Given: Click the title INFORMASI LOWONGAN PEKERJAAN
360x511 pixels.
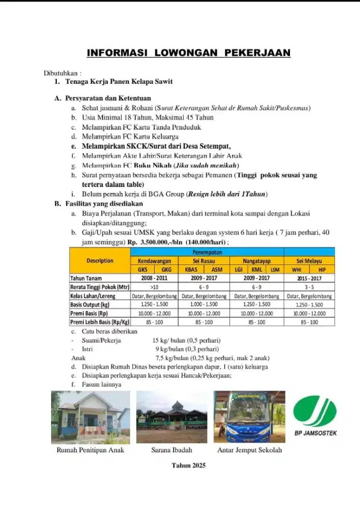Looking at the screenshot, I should click(x=188, y=53).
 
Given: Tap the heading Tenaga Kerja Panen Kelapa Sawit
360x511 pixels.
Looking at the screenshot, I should click(x=118, y=82).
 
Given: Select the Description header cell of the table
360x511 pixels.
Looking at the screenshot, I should click(x=100, y=261).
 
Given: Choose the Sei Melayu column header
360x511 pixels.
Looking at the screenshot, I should click(x=309, y=261).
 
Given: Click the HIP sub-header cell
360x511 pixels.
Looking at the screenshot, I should click(x=322, y=269).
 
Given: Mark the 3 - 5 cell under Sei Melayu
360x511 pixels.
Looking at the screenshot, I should click(x=309, y=287).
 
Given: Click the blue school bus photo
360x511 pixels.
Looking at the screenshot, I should click(x=250, y=417).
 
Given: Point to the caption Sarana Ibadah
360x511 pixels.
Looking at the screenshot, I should click(x=172, y=450).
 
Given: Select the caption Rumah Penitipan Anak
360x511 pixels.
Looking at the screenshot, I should click(x=90, y=450).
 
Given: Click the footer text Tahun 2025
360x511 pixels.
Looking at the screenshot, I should click(x=188, y=466).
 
